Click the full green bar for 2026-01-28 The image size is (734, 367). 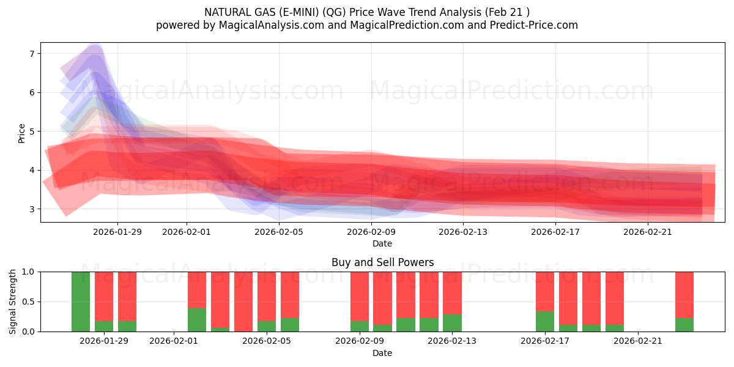(x=81, y=302)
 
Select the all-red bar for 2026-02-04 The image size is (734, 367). (x=243, y=302)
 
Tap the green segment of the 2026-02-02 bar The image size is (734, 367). (x=197, y=320)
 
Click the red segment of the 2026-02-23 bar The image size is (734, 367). (x=684, y=294)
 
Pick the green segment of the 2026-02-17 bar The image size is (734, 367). (x=545, y=322)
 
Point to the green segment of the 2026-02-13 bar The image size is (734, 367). (x=452, y=323)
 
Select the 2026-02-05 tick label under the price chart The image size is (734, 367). (x=279, y=232)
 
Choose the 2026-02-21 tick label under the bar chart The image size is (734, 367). (x=638, y=341)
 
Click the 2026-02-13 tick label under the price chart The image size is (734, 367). (x=463, y=232)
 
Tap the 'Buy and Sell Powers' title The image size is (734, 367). (x=382, y=262)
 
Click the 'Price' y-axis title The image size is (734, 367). (x=22, y=133)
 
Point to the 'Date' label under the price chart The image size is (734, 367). (x=382, y=243)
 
